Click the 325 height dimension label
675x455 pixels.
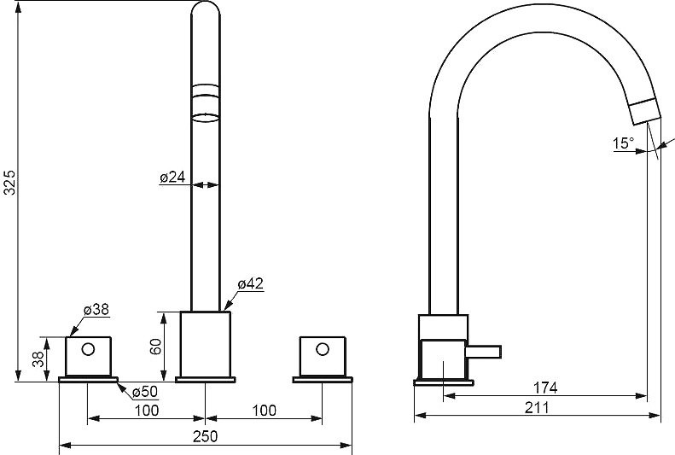(10, 183)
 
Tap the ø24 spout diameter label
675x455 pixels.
(172, 177)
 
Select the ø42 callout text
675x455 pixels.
(250, 283)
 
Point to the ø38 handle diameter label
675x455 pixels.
(96, 310)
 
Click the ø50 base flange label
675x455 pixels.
(145, 392)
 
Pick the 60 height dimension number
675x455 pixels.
(155, 347)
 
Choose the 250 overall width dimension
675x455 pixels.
(206, 436)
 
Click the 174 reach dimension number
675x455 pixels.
(545, 388)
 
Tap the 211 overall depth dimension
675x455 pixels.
(537, 407)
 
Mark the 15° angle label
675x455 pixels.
(624, 143)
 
